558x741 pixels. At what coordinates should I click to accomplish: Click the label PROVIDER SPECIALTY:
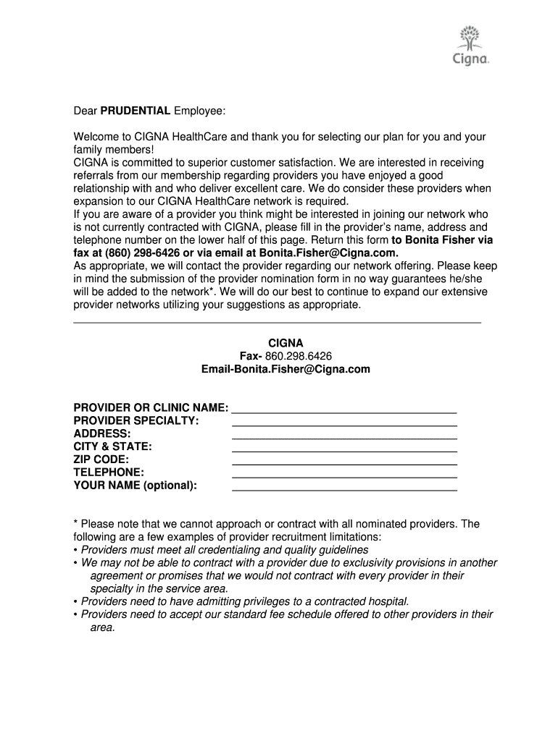click(x=136, y=421)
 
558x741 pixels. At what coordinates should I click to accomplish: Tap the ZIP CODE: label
click(x=101, y=460)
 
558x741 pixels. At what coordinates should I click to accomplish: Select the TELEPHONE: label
click(x=109, y=473)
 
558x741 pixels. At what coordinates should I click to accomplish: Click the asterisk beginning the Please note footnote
click(x=76, y=523)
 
